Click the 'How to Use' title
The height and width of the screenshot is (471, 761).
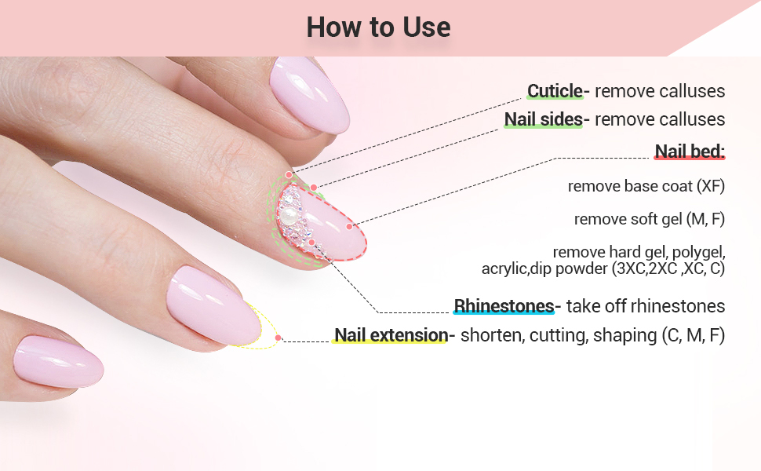(x=378, y=27)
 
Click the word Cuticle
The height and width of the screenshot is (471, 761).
(x=555, y=91)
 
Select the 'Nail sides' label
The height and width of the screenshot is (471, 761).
(x=543, y=119)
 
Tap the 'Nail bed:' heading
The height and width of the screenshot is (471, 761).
(x=690, y=152)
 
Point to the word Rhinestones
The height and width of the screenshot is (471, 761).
(x=504, y=305)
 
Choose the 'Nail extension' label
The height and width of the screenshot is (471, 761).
(x=391, y=335)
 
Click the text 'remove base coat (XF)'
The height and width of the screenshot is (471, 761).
(x=646, y=186)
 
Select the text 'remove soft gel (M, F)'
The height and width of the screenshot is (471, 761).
(x=649, y=219)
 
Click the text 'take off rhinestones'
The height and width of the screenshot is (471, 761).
(x=645, y=305)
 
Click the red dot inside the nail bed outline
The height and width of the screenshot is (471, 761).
(x=349, y=226)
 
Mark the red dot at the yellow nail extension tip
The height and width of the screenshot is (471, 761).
(x=278, y=338)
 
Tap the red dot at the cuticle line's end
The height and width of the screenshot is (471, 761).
(x=289, y=174)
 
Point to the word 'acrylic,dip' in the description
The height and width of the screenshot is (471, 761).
(x=515, y=268)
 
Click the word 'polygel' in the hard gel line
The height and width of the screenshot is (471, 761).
(x=698, y=252)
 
